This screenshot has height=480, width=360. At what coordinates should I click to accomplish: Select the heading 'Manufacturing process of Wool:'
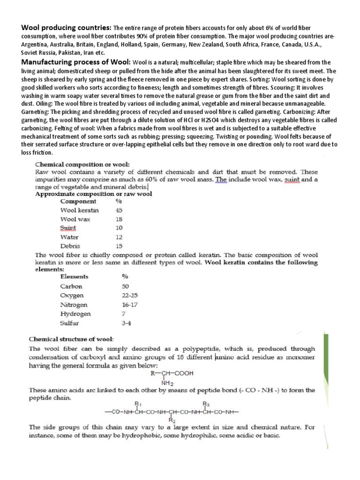[76, 62]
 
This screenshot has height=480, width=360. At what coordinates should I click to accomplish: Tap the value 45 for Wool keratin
[119, 210]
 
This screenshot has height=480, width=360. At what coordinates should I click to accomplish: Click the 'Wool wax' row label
[75, 219]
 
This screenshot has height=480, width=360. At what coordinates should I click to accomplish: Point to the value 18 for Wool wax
[119, 219]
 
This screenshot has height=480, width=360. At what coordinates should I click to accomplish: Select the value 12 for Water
[119, 237]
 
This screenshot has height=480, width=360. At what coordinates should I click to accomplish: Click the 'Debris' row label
[70, 246]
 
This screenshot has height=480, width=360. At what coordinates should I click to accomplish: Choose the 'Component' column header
[77, 201]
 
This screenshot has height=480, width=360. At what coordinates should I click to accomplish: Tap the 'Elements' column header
[74, 277]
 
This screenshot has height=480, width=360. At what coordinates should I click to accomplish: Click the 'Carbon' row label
[71, 286]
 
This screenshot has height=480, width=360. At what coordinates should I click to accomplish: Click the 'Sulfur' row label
[70, 323]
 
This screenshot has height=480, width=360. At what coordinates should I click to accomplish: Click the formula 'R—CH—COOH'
[172, 374]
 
